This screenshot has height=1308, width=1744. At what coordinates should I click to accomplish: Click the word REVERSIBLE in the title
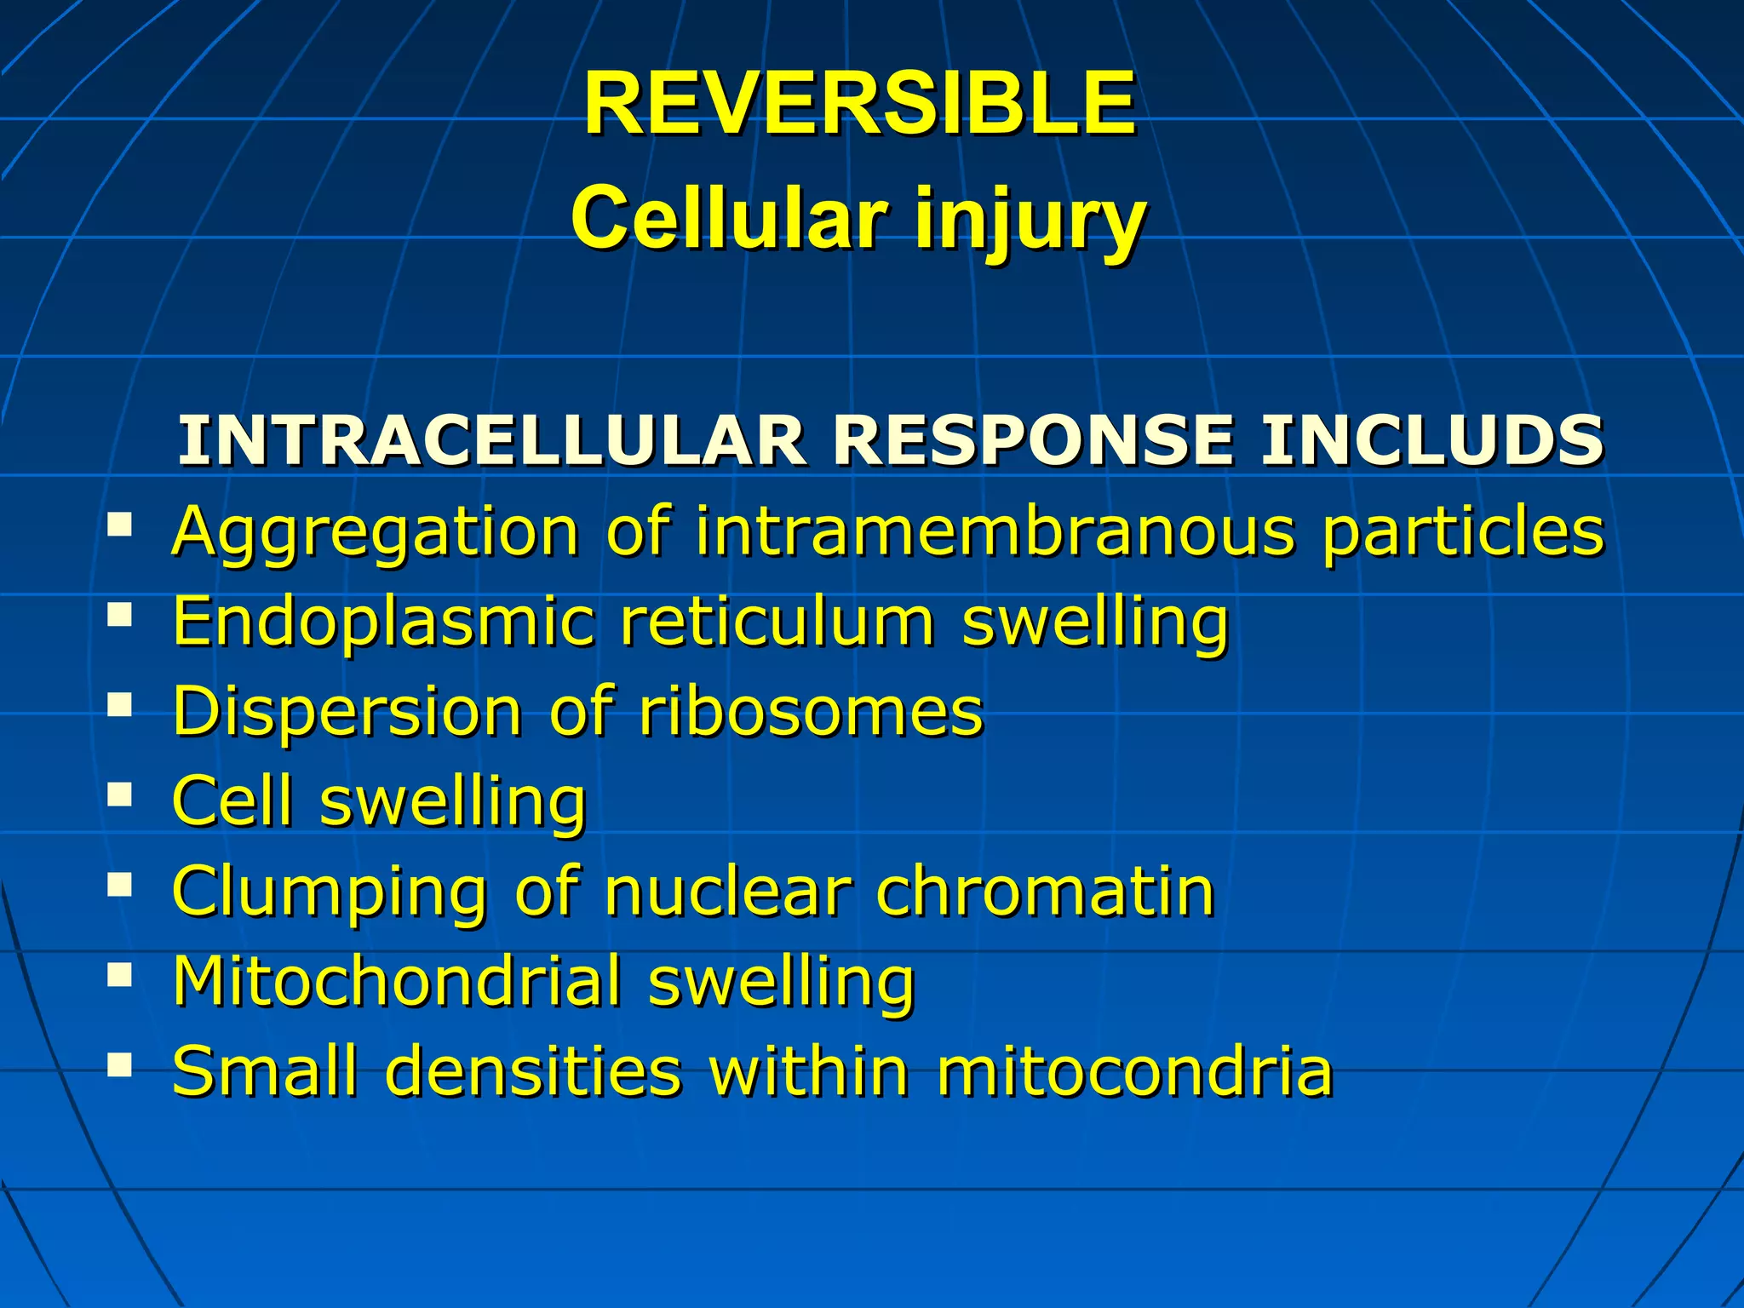coord(858,104)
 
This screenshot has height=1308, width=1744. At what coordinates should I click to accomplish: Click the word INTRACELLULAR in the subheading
coord(491,440)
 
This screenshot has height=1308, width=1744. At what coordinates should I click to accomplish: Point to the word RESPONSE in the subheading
coord(1033,440)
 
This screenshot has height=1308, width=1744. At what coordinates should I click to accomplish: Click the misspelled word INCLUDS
coord(1431,440)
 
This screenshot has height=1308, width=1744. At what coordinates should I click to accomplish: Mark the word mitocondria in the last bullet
coord(1134,1071)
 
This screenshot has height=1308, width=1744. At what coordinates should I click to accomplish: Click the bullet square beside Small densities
coord(120,1064)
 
